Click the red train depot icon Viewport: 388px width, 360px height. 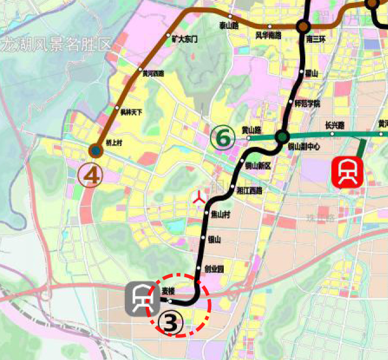[347, 172]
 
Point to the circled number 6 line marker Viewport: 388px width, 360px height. [223, 138]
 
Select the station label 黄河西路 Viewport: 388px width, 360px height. [153, 74]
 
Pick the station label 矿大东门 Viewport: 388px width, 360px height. [185, 39]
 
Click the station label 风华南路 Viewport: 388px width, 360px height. [268, 35]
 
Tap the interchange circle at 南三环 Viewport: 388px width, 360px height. [302, 26]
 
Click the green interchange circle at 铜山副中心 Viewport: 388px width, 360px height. [282, 137]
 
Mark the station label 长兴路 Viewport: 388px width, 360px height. [334, 125]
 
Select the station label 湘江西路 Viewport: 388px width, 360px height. [250, 190]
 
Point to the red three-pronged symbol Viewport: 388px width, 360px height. [199, 199]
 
